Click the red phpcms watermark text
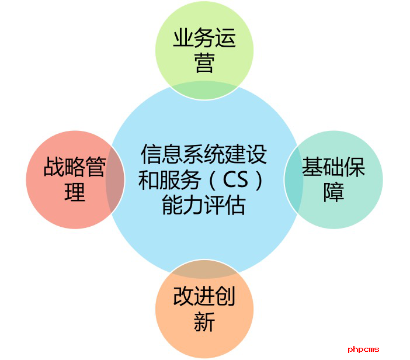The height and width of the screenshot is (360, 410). coord(363,349)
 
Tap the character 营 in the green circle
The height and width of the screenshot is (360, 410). coord(204,63)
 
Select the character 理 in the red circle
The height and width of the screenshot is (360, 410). coord(75,192)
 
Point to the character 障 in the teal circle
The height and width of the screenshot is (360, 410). coord(333,192)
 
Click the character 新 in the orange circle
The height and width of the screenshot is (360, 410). coord(204,321)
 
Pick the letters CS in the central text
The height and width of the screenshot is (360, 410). coord(235,180)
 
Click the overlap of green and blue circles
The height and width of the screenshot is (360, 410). coord(204,90)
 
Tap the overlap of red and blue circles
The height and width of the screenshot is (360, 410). coord(115,179)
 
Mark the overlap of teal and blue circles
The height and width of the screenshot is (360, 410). coord(294,179)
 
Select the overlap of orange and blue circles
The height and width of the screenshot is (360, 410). coord(204,269)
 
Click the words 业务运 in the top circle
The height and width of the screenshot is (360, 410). coord(204,37)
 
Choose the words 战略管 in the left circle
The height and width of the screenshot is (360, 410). coord(75,167)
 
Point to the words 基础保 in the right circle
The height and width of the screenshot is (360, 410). coord(333,167)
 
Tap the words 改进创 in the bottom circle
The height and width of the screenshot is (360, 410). coord(204,296)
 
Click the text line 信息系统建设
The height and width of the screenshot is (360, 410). coord(204,154)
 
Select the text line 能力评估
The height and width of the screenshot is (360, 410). coord(204,205)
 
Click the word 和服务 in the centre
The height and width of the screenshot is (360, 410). coord(169,180)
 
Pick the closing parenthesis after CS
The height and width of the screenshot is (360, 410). coord(259,180)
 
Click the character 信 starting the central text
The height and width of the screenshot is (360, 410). coord(151,154)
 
